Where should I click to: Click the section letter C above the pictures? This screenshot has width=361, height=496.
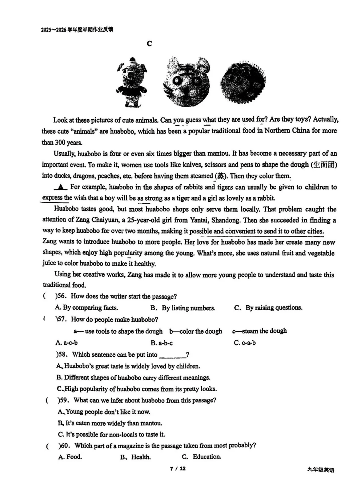coord(149,43)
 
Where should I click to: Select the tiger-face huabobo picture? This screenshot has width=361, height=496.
coord(187,81)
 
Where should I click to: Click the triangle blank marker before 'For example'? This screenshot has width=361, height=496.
coord(61,187)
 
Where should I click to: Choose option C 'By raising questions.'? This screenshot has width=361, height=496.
coord(268,308)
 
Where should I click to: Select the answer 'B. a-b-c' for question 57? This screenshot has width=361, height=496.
coord(161,343)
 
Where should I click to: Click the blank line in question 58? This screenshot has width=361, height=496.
coord(172,355)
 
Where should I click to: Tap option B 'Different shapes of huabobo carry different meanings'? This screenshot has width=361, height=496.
coord(133,377)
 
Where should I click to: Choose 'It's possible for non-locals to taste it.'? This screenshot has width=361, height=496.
coord(111,434)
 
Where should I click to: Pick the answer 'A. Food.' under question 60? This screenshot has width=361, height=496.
coord(70,457)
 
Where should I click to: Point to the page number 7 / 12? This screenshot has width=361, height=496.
coord(177,469)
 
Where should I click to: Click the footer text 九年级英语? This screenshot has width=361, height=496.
coord(320,470)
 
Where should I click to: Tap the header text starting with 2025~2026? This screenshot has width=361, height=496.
coord(77,29)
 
